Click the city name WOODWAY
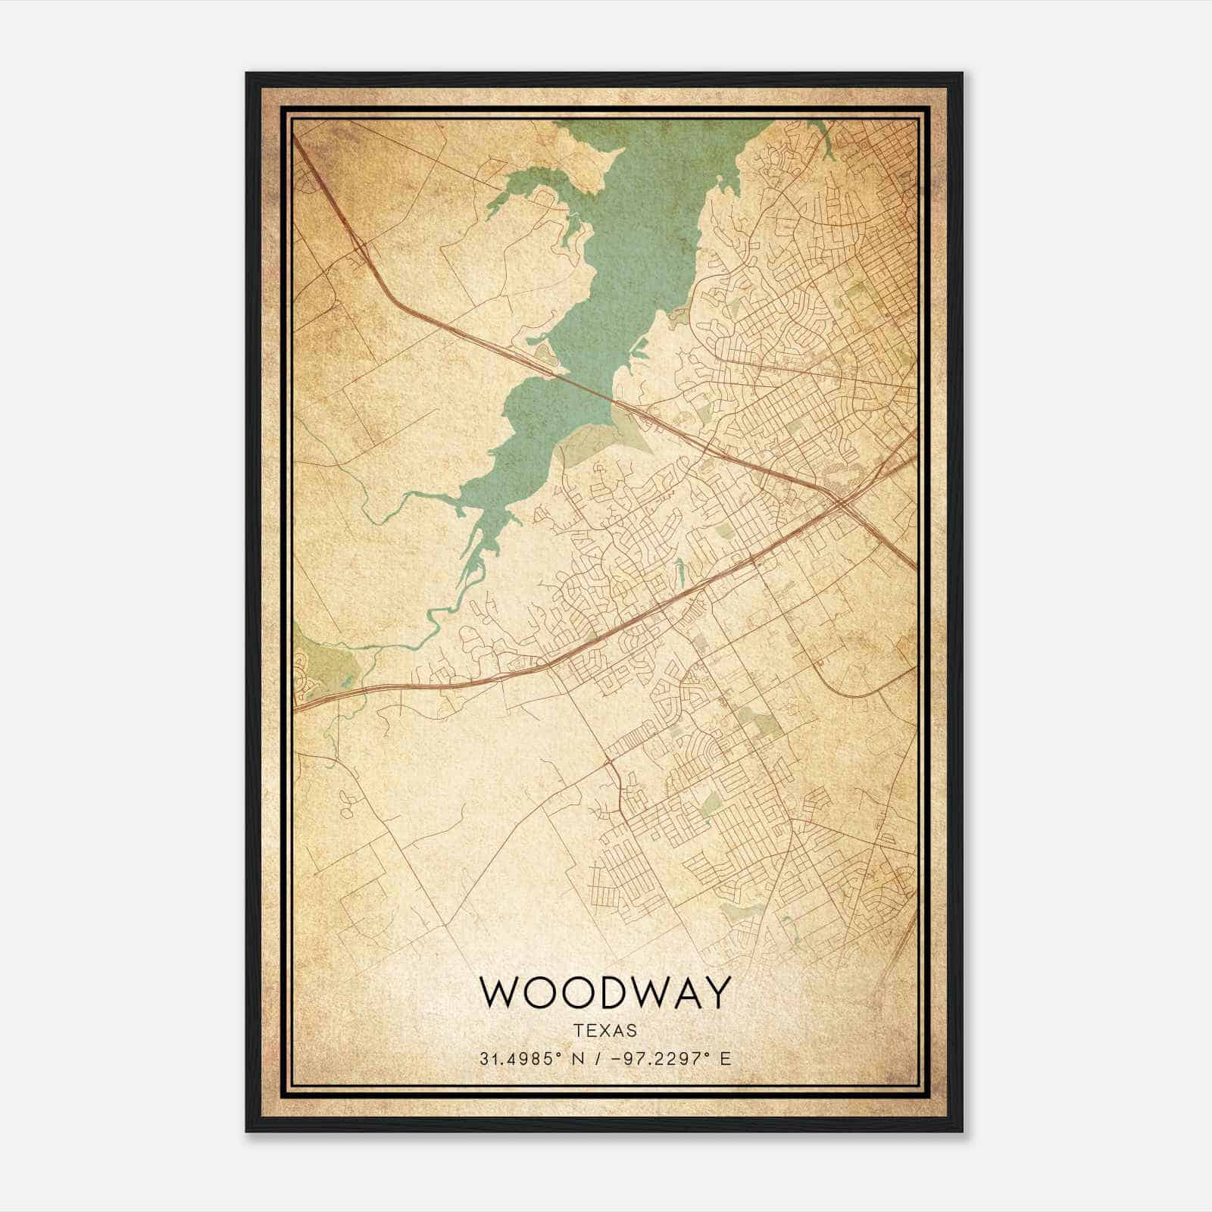[x=605, y=992]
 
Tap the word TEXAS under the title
[x=605, y=1031]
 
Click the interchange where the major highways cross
[x=841, y=502]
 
